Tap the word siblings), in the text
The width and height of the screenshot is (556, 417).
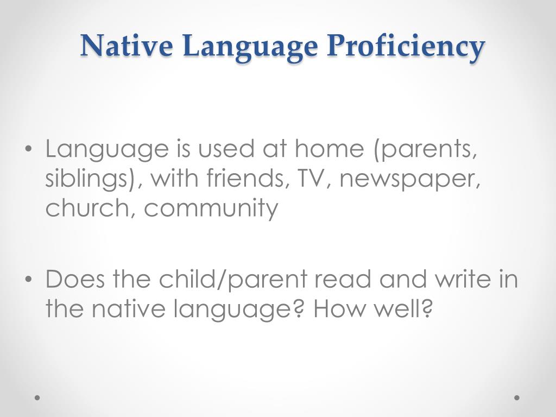90,179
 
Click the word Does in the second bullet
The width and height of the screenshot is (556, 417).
75,280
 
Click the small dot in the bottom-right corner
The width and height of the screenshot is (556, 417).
517,397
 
